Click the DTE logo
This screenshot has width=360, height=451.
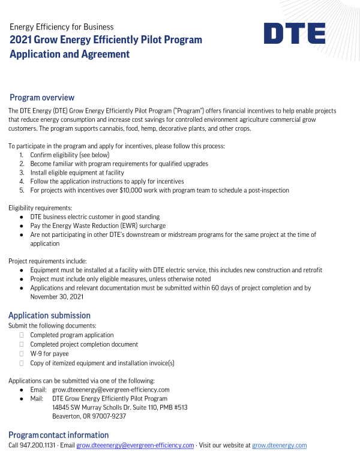294,33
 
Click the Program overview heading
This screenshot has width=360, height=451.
42,97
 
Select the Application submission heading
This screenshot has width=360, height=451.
49,315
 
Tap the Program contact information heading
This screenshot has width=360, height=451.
58,435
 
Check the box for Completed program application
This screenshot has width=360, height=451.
22,335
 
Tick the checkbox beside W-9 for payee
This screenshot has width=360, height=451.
22,354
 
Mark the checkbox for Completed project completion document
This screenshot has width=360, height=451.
22,344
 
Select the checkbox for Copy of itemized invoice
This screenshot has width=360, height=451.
22,363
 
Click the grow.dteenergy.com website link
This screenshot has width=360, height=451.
279,445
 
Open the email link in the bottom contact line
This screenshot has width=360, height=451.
135,445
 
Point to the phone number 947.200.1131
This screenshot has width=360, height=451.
40,445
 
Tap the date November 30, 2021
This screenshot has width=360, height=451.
58,296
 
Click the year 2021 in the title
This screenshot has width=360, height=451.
20,40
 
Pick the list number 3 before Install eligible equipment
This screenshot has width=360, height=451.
22,172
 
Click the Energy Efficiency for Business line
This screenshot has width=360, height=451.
61,27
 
